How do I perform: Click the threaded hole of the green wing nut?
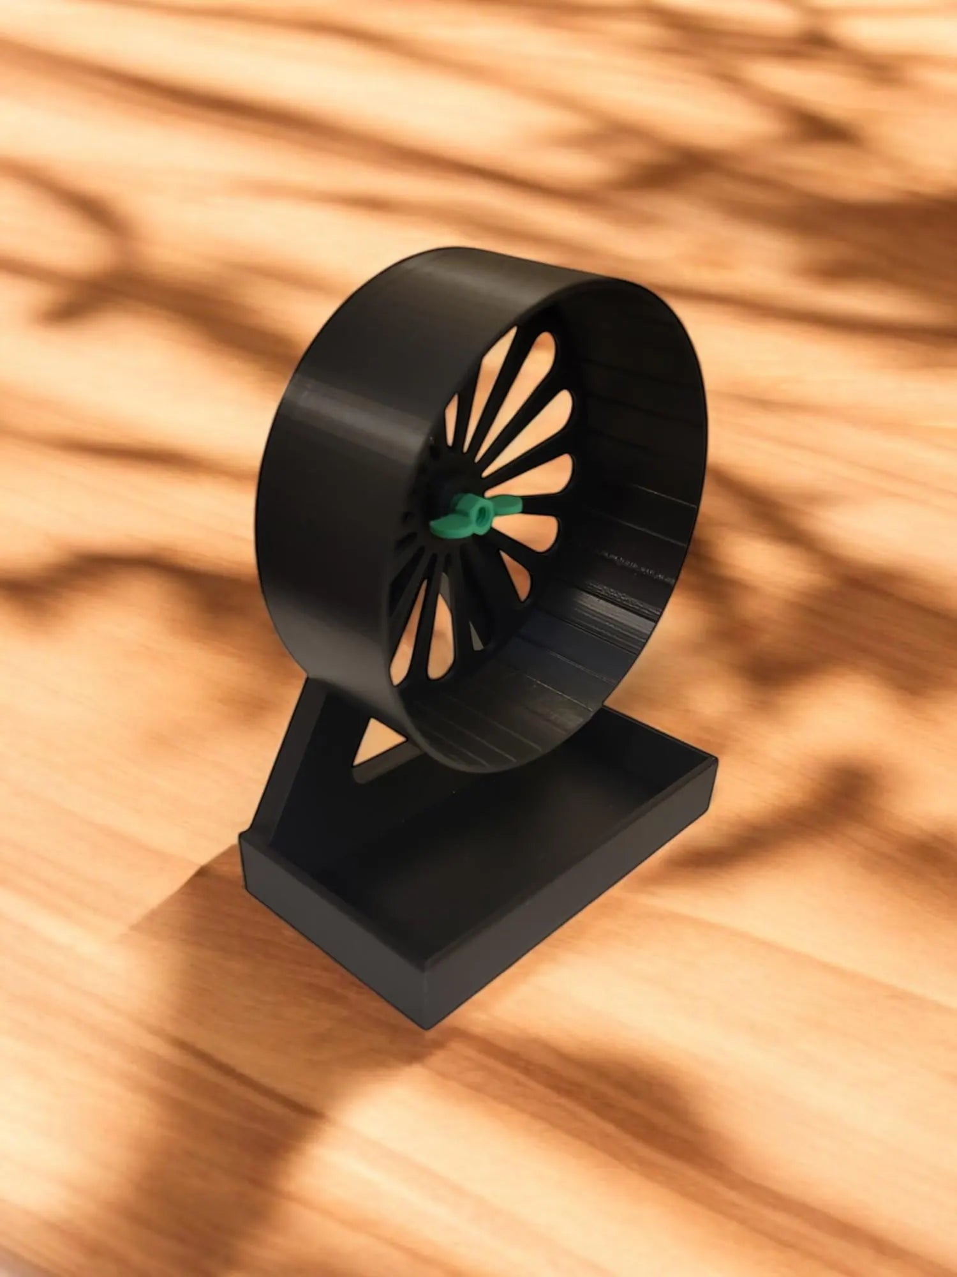pos(477,509)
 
